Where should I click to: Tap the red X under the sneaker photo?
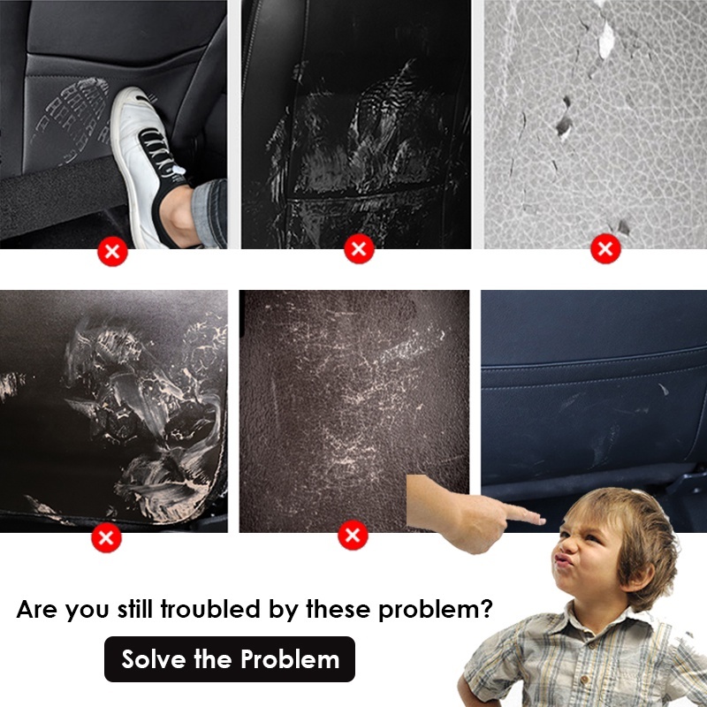(x=113, y=251)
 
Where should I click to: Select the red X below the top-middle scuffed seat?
(x=359, y=248)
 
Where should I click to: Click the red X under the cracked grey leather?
(x=605, y=248)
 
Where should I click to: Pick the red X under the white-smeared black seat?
(x=106, y=537)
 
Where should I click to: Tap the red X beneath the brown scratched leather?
(x=353, y=535)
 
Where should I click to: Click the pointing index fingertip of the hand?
(x=541, y=521)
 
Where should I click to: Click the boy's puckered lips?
(x=564, y=560)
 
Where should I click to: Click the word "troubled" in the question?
(x=210, y=609)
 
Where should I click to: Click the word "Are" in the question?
(x=37, y=609)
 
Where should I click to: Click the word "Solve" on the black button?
(x=153, y=659)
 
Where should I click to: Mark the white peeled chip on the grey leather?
(x=606, y=40)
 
